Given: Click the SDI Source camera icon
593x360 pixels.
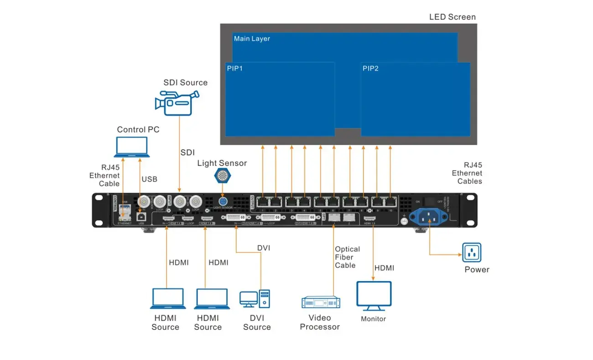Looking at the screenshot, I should point(177,102).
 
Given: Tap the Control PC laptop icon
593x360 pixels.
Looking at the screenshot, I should point(132,147).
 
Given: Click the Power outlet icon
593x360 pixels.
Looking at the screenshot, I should point(472,252).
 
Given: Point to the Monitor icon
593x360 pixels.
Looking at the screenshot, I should point(374,296).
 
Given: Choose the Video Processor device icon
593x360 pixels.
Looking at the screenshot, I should point(321,302).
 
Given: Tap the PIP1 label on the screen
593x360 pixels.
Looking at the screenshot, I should point(234,68).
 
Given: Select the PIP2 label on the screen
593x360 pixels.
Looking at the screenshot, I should point(370,68).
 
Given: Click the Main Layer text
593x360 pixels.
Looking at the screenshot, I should point(252,39).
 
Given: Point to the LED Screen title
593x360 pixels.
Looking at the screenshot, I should point(452,17).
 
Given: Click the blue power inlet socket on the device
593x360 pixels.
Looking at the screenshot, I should point(427,217).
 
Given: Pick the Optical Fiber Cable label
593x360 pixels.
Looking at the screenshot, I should point(347,257).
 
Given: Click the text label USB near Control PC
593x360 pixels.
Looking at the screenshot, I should point(149,179).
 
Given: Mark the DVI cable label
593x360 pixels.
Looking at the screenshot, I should point(264,248).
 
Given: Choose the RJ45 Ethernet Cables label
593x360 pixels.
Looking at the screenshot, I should point(467,173).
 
